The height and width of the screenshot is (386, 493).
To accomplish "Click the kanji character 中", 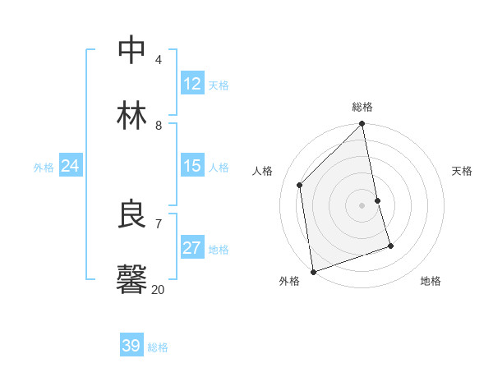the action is [132, 51].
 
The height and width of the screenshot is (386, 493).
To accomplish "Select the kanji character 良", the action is [132, 214].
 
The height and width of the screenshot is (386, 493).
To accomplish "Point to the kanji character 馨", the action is [132, 279].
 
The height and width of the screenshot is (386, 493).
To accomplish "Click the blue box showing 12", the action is [192, 83].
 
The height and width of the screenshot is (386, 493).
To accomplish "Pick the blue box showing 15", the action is [192, 166].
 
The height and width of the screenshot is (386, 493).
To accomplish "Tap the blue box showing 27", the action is [192, 248].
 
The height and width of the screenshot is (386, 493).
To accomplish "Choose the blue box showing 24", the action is [70, 166].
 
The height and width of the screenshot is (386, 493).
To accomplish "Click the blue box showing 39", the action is [131, 346].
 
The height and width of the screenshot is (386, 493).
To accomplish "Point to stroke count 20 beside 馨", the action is [158, 289].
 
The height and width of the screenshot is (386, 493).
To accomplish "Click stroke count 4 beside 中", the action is [158, 60].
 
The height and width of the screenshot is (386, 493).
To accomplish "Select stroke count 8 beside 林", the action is [158, 125].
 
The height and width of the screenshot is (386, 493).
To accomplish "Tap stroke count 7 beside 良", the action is [158, 223].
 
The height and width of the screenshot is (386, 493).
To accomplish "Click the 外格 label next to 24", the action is [44, 168].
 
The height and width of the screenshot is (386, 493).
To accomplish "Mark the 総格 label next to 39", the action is [158, 347].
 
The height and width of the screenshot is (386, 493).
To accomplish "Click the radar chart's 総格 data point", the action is [362, 125].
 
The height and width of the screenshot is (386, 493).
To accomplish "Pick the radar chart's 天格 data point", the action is [377, 200].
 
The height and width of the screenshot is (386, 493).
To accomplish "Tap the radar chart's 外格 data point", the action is [313, 271].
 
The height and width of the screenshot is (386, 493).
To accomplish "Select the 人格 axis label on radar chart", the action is [263, 171].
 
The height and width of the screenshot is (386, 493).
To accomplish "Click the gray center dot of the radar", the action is [362, 205].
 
